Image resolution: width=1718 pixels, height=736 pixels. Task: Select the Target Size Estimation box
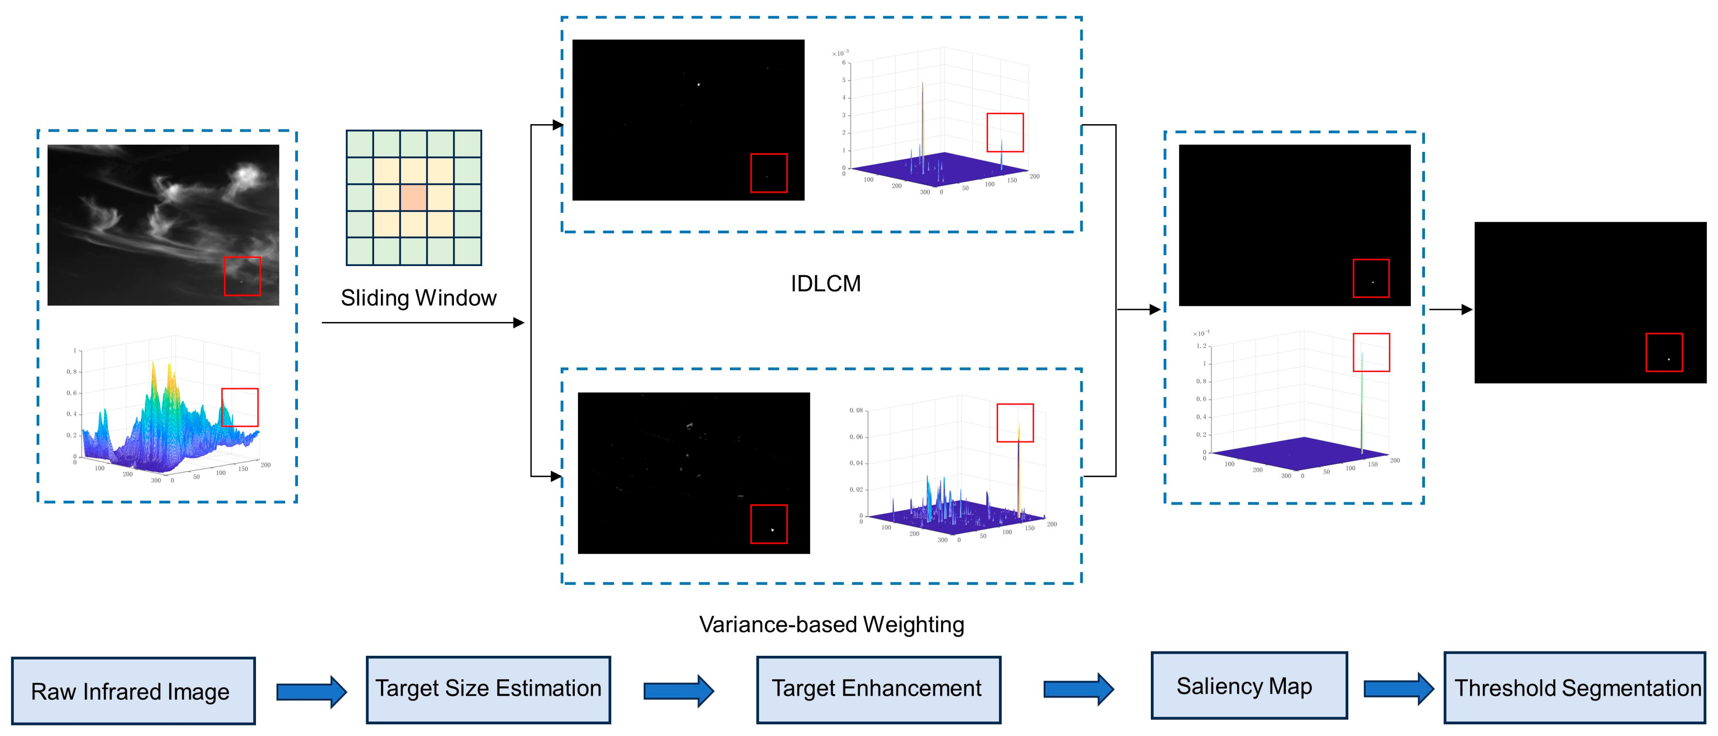488,689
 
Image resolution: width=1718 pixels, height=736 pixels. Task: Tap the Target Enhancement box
878,689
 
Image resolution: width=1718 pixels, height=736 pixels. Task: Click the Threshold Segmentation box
1574,688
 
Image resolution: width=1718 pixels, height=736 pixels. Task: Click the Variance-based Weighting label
832,625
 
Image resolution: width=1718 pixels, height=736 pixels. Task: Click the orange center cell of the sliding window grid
414,198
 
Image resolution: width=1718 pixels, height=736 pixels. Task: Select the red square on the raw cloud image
242,276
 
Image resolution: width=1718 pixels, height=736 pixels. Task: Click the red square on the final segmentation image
1664,352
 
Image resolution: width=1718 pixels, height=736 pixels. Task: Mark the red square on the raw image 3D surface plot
239,408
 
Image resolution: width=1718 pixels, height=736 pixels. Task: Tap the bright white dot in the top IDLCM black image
698,85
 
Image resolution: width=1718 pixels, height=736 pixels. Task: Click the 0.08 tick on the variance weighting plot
856,411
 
